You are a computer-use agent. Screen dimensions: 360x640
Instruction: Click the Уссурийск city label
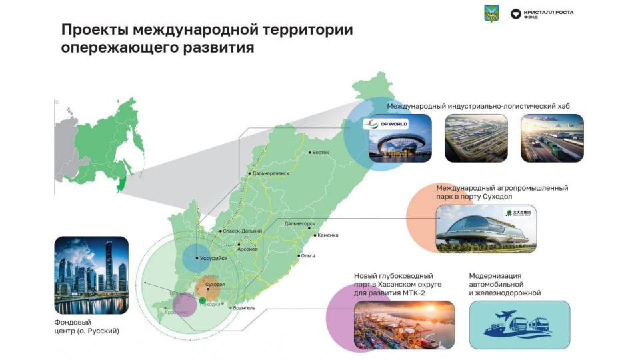(213, 258)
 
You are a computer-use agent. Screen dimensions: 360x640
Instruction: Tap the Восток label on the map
(321, 153)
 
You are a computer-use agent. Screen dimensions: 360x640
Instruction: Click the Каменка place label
(328, 235)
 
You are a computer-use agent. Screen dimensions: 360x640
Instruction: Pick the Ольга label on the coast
(307, 255)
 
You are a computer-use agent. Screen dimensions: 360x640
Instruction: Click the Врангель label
(244, 308)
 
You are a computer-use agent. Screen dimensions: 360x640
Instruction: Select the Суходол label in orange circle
(215, 285)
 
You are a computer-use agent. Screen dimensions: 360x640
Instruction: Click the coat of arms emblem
(492, 13)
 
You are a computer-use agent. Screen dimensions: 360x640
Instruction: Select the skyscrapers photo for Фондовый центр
(91, 275)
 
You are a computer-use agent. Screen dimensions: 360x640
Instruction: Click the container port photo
(404, 325)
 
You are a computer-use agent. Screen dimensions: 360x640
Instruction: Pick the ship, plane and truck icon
(519, 325)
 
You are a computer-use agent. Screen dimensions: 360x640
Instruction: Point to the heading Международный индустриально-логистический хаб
(478, 106)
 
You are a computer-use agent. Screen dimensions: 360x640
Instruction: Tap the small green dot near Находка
(203, 302)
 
